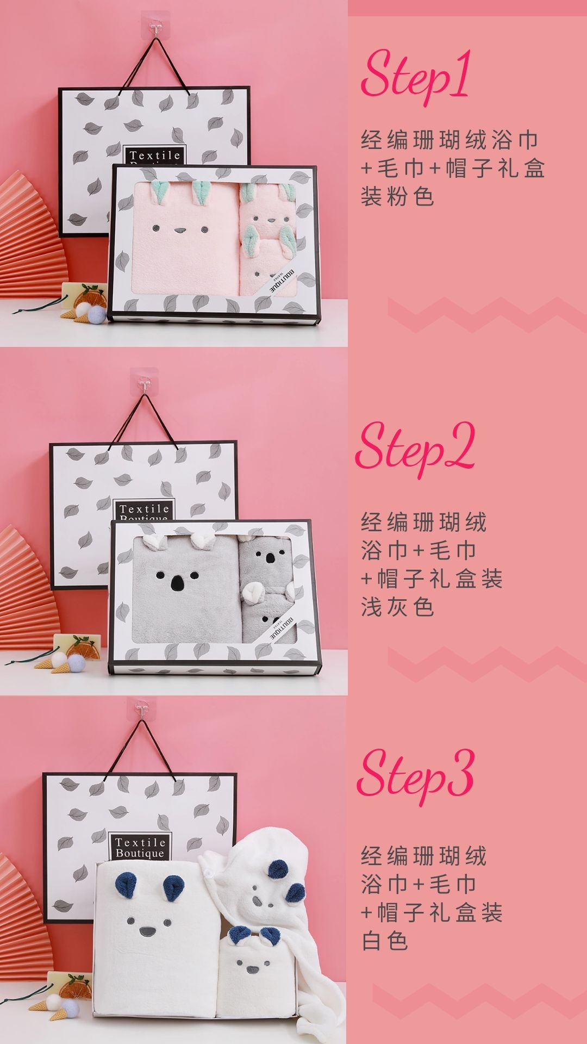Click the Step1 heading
[x=416, y=76]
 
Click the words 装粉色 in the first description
[x=397, y=197]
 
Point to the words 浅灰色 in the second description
[x=397, y=607]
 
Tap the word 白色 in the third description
[x=385, y=941]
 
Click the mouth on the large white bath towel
[x=147, y=933]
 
